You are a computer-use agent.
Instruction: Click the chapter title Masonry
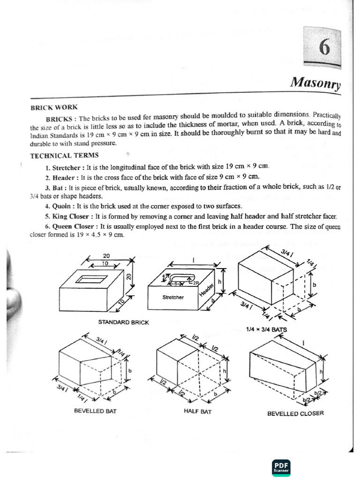coord(315,82)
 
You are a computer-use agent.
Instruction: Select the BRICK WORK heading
coord(54,107)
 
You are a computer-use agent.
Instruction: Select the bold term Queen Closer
coord(75,226)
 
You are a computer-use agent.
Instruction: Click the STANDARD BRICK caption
coord(123,322)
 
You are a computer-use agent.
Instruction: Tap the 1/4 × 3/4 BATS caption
coord(266,330)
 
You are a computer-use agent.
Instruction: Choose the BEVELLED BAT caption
coord(95,411)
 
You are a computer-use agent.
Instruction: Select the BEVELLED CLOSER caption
coord(295,413)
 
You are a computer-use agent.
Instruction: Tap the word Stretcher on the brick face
coord(173,297)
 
